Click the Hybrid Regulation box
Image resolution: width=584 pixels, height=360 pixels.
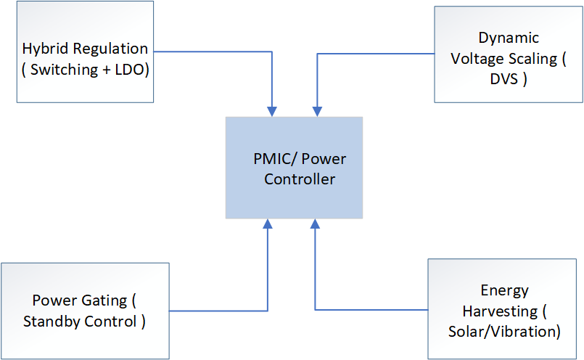pos(85,51)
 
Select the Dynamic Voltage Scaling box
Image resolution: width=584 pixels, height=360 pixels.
pos(508,54)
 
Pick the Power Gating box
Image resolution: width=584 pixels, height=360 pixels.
pos(85,311)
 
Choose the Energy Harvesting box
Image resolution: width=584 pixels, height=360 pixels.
pos(504,309)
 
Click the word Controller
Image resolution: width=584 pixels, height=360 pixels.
pos(300,179)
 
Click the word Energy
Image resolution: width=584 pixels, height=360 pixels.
pos(505,290)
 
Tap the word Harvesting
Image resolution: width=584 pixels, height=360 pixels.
pos(498,311)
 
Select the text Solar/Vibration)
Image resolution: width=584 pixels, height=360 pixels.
pos(505,332)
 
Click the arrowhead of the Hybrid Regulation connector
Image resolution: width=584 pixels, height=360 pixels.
pos(271,111)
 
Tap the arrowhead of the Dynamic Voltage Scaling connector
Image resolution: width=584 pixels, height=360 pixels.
pos(316,111)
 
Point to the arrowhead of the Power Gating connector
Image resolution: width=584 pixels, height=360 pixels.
pos(268,224)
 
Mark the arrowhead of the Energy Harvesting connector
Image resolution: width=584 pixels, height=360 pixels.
pos(316,224)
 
